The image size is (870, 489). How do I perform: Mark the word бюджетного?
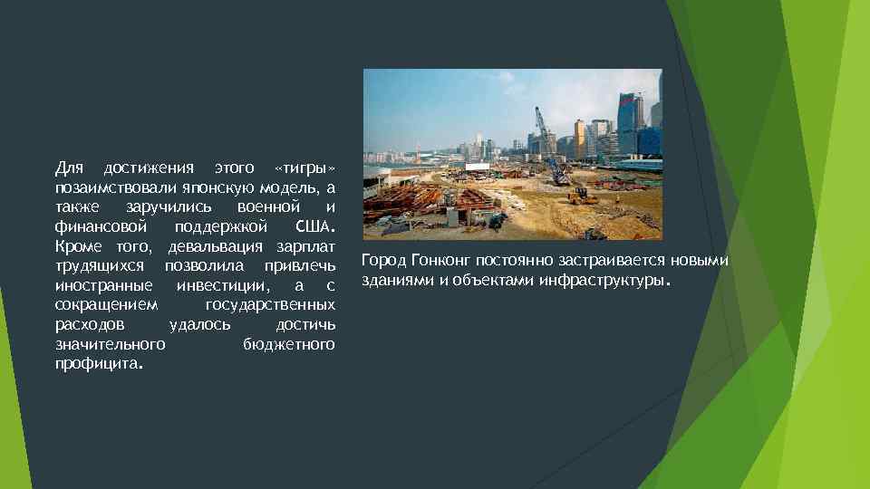coord(289,344)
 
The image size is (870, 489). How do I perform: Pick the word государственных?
coord(270,305)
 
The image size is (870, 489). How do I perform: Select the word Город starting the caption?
coord(383,261)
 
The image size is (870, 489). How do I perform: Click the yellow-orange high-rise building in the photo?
coord(579,138)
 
